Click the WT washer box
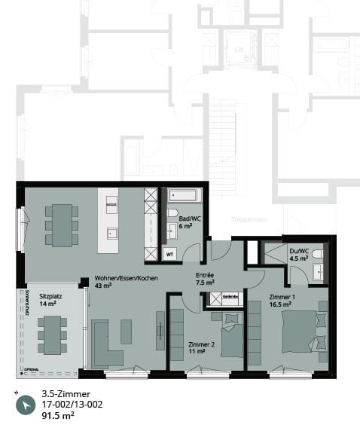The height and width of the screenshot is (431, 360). (x=169, y=253)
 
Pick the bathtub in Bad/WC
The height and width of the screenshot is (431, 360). (x=185, y=195)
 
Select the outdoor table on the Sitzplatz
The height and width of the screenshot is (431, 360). (x=53, y=334)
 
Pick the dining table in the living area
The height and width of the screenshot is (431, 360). (x=62, y=224)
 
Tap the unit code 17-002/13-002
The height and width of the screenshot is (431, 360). (x=72, y=405)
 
